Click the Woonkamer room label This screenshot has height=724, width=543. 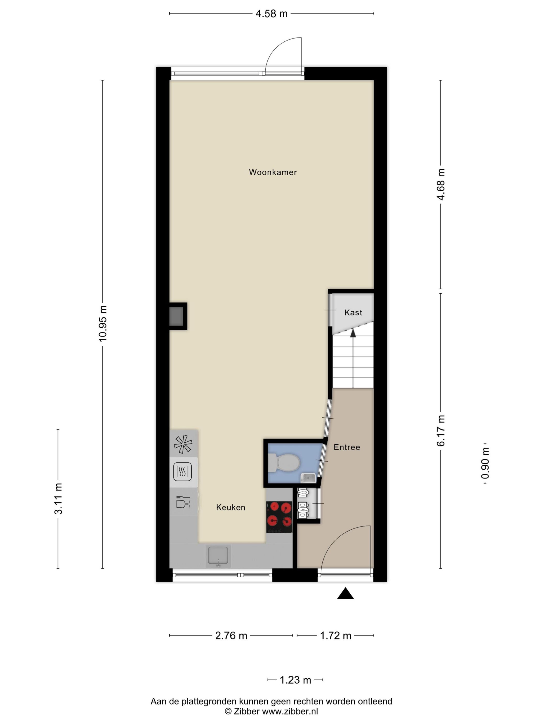(x=273, y=172)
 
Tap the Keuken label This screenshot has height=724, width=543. (x=230, y=507)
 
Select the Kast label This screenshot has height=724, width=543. (x=353, y=313)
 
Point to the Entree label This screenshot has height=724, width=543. (x=347, y=447)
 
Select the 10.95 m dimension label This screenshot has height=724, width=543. (x=103, y=324)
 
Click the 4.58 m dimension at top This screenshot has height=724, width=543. (x=271, y=14)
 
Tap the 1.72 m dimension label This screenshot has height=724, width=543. (x=335, y=636)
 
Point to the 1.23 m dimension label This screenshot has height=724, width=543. (x=295, y=680)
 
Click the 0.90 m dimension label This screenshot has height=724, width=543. (x=485, y=463)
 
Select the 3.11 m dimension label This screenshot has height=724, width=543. (x=58, y=499)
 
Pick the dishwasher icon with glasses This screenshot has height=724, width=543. (x=183, y=502)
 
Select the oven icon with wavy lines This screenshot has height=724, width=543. (x=182, y=472)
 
